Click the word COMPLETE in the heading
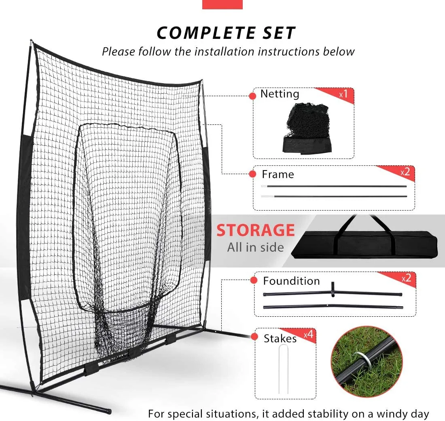(x=203, y=33)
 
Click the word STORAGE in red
(x=255, y=230)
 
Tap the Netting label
(x=280, y=94)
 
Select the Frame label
(x=278, y=175)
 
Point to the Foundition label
(x=291, y=281)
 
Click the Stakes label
(x=280, y=339)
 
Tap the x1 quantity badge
(x=343, y=95)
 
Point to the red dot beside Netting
(x=252, y=96)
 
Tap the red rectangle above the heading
(x=222, y=4)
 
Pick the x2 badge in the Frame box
(x=405, y=172)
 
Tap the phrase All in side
(x=255, y=247)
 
